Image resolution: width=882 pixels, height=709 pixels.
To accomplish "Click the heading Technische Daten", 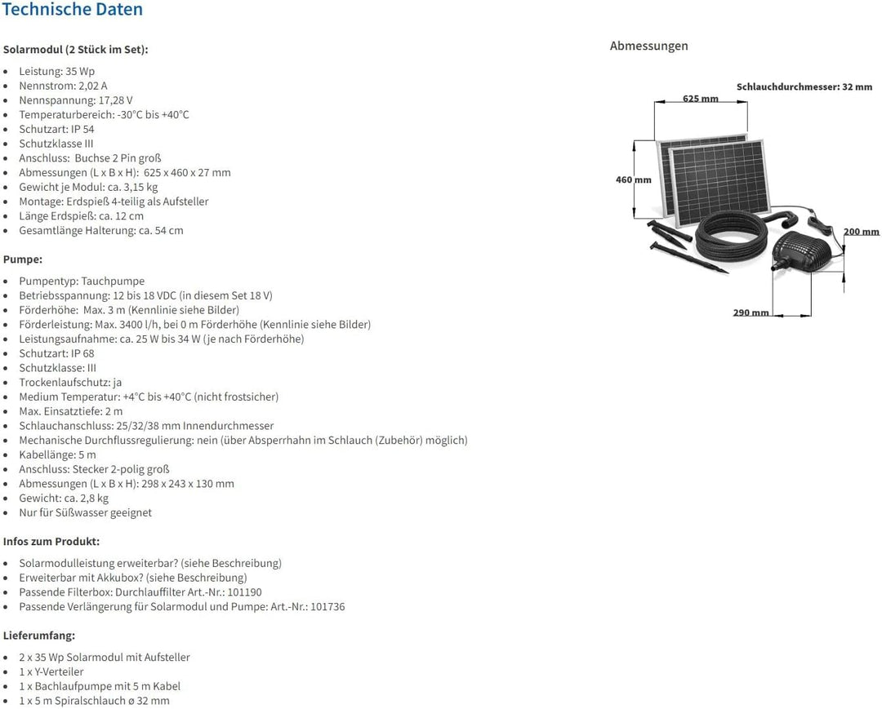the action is pos(73,10).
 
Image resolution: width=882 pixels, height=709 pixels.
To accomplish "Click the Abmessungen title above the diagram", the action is pos(648,46).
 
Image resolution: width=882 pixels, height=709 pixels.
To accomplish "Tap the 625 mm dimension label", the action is pos(701,99).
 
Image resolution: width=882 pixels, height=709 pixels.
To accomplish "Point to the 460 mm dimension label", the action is pos(634,179).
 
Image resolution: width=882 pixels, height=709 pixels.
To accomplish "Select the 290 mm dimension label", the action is pos(751,312).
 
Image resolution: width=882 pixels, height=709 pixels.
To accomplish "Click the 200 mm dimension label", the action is pos(862,232).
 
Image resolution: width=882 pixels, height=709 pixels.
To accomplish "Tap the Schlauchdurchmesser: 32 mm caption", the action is pos(804,87).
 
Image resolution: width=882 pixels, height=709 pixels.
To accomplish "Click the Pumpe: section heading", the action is pos(23,259).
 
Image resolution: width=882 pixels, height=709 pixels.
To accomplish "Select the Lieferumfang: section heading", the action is pos(39,636).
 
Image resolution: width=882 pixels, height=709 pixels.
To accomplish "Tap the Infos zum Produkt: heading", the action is pos(51,542).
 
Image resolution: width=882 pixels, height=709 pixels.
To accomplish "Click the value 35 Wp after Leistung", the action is pos(80,71).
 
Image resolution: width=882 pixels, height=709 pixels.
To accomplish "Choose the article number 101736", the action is pos(327,607).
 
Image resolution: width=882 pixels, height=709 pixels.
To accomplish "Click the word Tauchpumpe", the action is pos(113,281).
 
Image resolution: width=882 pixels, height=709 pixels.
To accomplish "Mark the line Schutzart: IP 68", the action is pos(57,353).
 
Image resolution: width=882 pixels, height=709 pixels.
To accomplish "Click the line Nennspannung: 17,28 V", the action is pos(76,100).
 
